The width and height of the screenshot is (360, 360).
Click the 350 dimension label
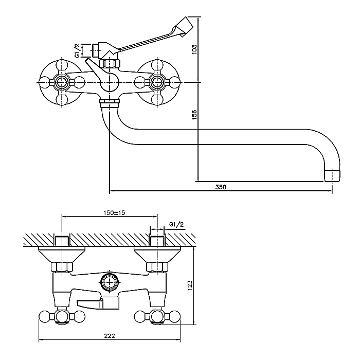pyautogui.click(x=221, y=187)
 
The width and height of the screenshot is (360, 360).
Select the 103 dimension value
pyautogui.click(x=194, y=49)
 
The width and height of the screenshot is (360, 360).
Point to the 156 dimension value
pyautogui.click(x=194, y=115)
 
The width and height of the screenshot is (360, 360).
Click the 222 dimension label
pyautogui.click(x=110, y=336)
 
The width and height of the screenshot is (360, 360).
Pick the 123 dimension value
pyautogui.click(x=190, y=285)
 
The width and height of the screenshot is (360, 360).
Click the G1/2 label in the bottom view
pyautogui.click(x=176, y=224)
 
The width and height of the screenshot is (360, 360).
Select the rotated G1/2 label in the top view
pyautogui.click(x=78, y=50)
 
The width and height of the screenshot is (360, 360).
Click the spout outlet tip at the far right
pyautogui.click(x=332, y=176)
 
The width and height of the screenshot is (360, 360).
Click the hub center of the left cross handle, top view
pyautogui.click(x=62, y=82)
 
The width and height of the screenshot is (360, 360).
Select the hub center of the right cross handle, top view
pyautogui.click(x=157, y=82)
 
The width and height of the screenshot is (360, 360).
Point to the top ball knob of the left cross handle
pyautogui.click(x=62, y=65)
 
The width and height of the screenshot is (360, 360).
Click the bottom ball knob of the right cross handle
pyautogui.click(x=157, y=100)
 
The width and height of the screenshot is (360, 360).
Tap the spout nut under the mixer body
pyautogui.click(x=109, y=103)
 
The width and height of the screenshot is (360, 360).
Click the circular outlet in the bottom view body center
pyautogui.click(x=110, y=282)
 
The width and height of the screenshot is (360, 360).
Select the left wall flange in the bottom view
pyautogui.click(x=62, y=255)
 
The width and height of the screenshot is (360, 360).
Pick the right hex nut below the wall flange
pyautogui.click(x=157, y=267)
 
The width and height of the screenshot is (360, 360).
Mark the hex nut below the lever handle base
pyautogui.click(x=109, y=63)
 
